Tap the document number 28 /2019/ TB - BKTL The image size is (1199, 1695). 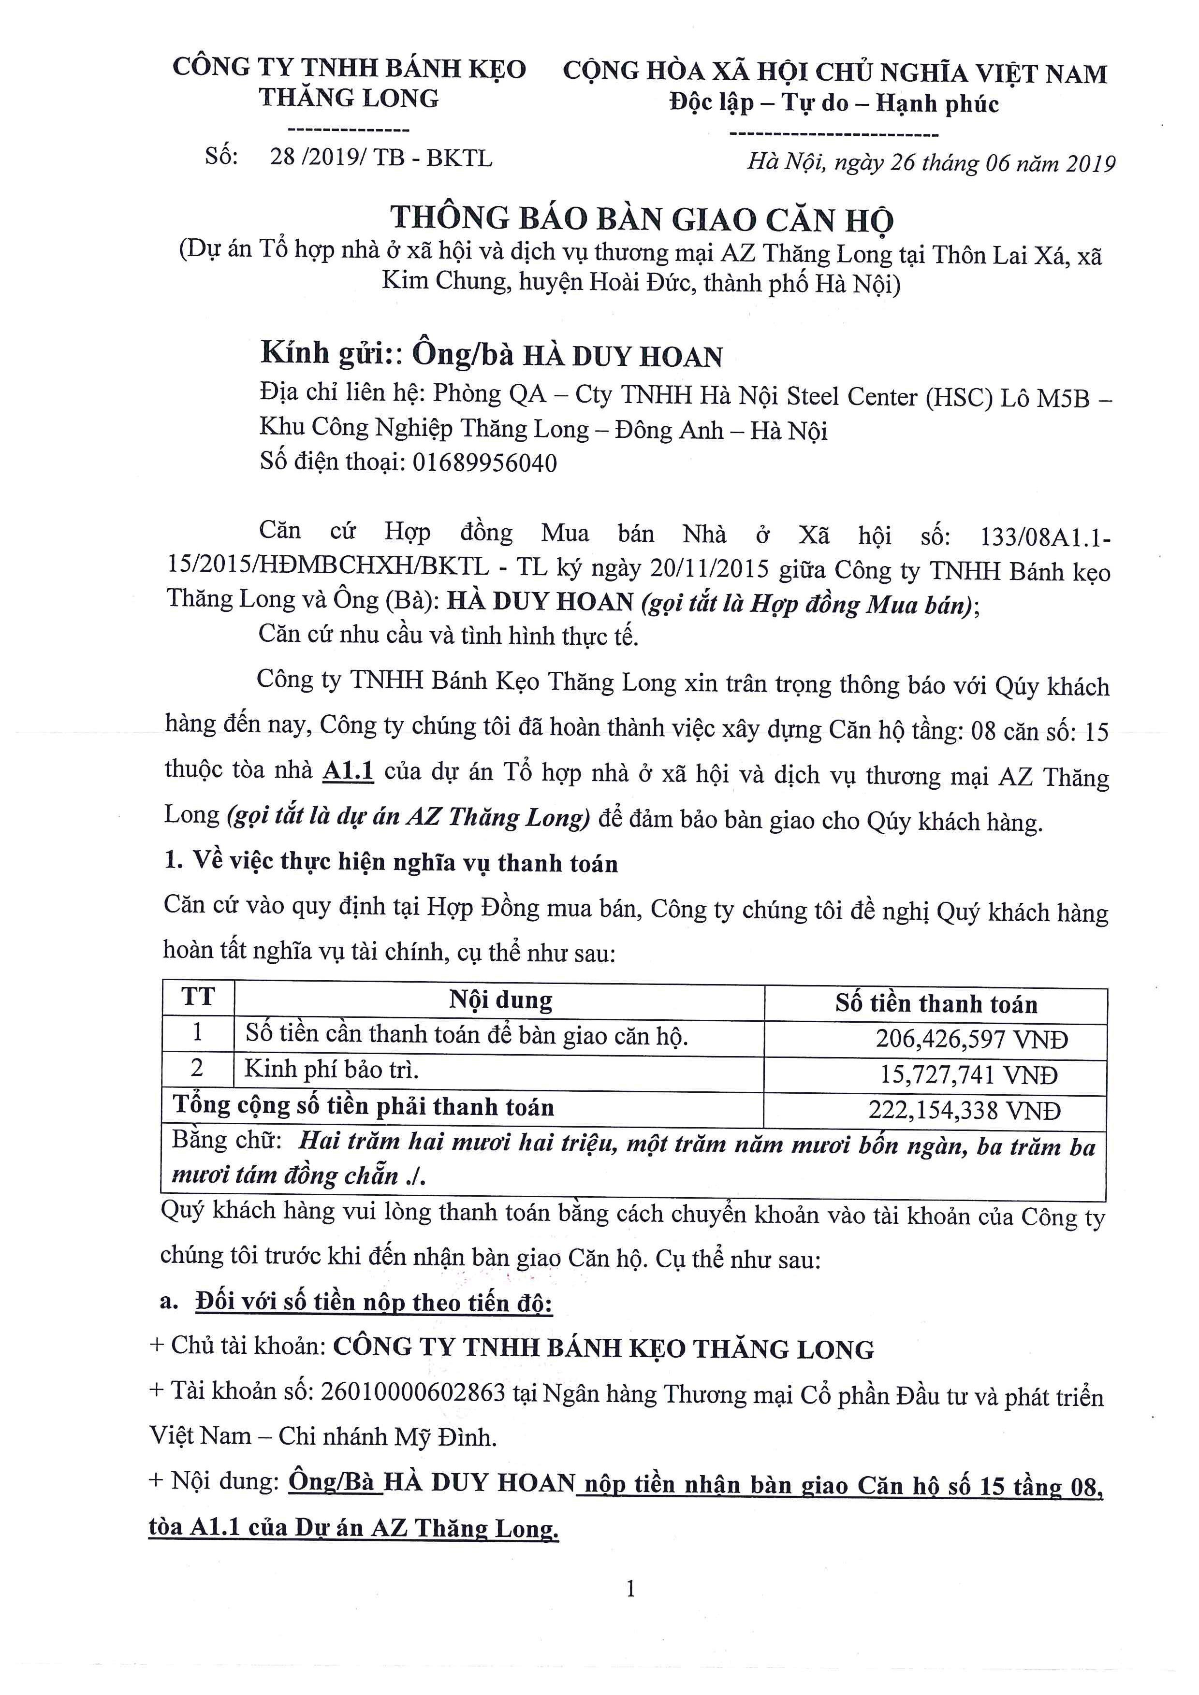(380, 158)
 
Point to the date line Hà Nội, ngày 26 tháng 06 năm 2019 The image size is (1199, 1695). (930, 162)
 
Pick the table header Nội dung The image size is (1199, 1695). (500, 1000)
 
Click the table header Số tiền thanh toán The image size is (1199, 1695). (936, 1004)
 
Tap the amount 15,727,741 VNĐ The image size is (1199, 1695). (969, 1075)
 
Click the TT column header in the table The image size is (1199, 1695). (198, 998)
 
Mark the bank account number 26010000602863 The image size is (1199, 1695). (412, 1392)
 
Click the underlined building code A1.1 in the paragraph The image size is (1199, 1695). (349, 771)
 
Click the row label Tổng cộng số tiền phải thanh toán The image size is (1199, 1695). (363, 1107)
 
